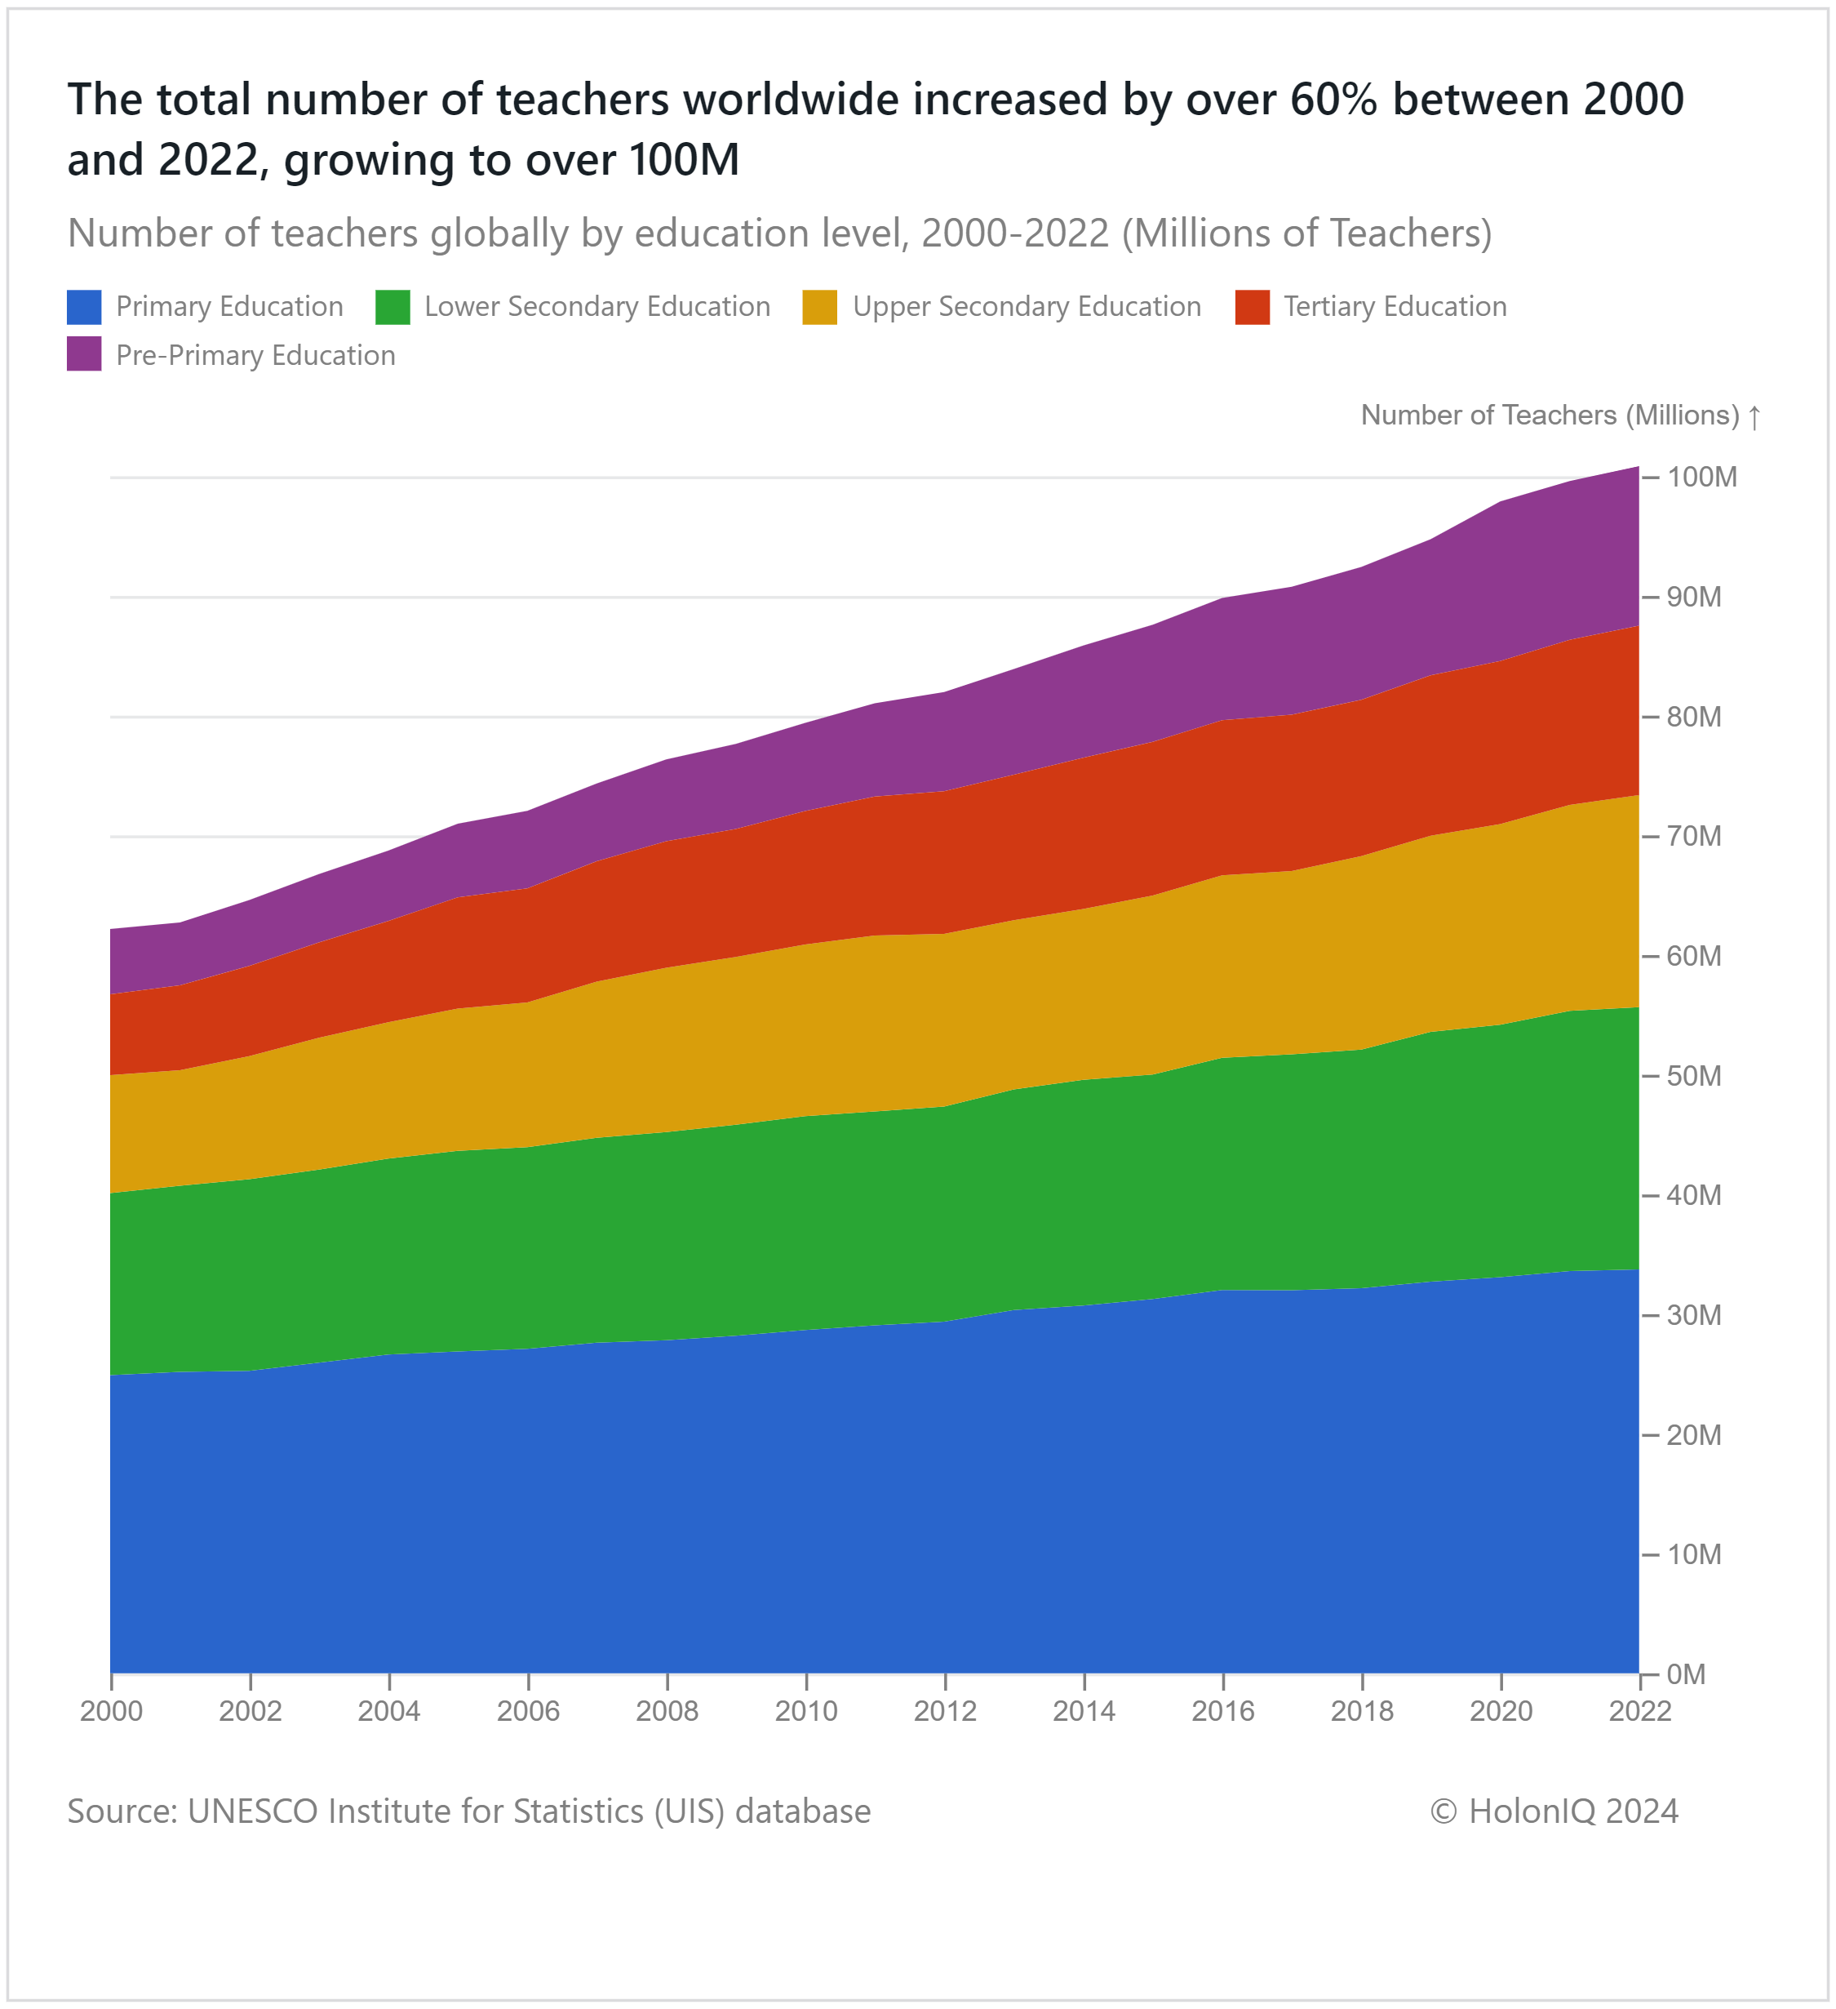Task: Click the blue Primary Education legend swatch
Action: pyautogui.click(x=84, y=307)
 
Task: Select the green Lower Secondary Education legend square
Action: pyautogui.click(x=392, y=307)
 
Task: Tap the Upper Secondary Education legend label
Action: pyautogui.click(x=1026, y=307)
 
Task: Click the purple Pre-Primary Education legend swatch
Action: pyautogui.click(x=84, y=355)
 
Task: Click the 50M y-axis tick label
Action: pyautogui.click(x=1693, y=1076)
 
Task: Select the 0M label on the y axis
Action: pyautogui.click(x=1686, y=1674)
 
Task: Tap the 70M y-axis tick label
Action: pyautogui.click(x=1693, y=836)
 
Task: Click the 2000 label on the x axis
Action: pyautogui.click(x=112, y=1712)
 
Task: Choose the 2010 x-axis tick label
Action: pyautogui.click(x=806, y=1712)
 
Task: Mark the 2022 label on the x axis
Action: pyautogui.click(x=1639, y=1712)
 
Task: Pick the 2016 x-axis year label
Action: pyautogui.click(x=1223, y=1712)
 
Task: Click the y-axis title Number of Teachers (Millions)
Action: pyautogui.click(x=1549, y=416)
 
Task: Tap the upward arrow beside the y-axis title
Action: pyautogui.click(x=1754, y=416)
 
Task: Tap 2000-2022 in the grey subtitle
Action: pyautogui.click(x=1015, y=233)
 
